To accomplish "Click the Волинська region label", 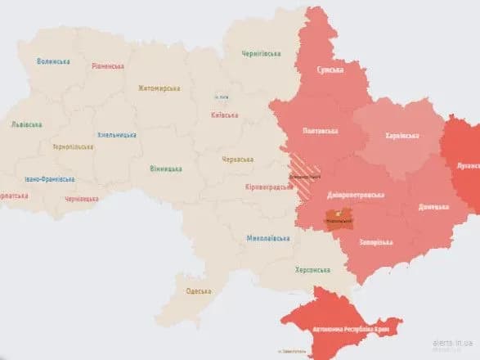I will click(x=54, y=61).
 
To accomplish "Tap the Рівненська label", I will click(x=107, y=65).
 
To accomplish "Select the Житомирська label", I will click(x=159, y=88).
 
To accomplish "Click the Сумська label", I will click(x=330, y=70).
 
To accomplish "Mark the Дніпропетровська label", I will click(x=354, y=196).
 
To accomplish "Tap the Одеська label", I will click(x=198, y=291).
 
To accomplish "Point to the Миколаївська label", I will click(x=268, y=239).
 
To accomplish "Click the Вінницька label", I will click(x=166, y=169).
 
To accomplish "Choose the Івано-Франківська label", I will click(x=50, y=178).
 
